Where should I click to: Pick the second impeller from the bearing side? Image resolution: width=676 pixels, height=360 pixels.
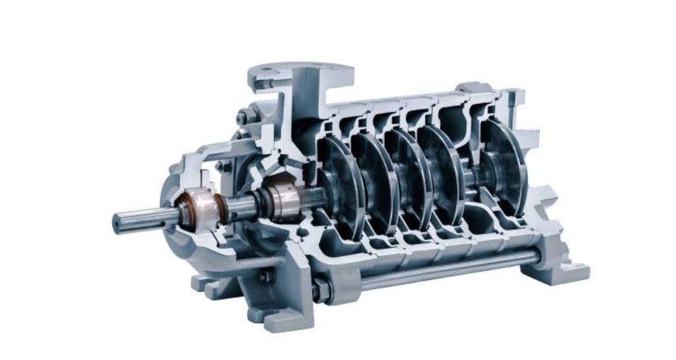point(373,182)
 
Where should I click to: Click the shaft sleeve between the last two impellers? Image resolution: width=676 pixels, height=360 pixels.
point(473,176)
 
